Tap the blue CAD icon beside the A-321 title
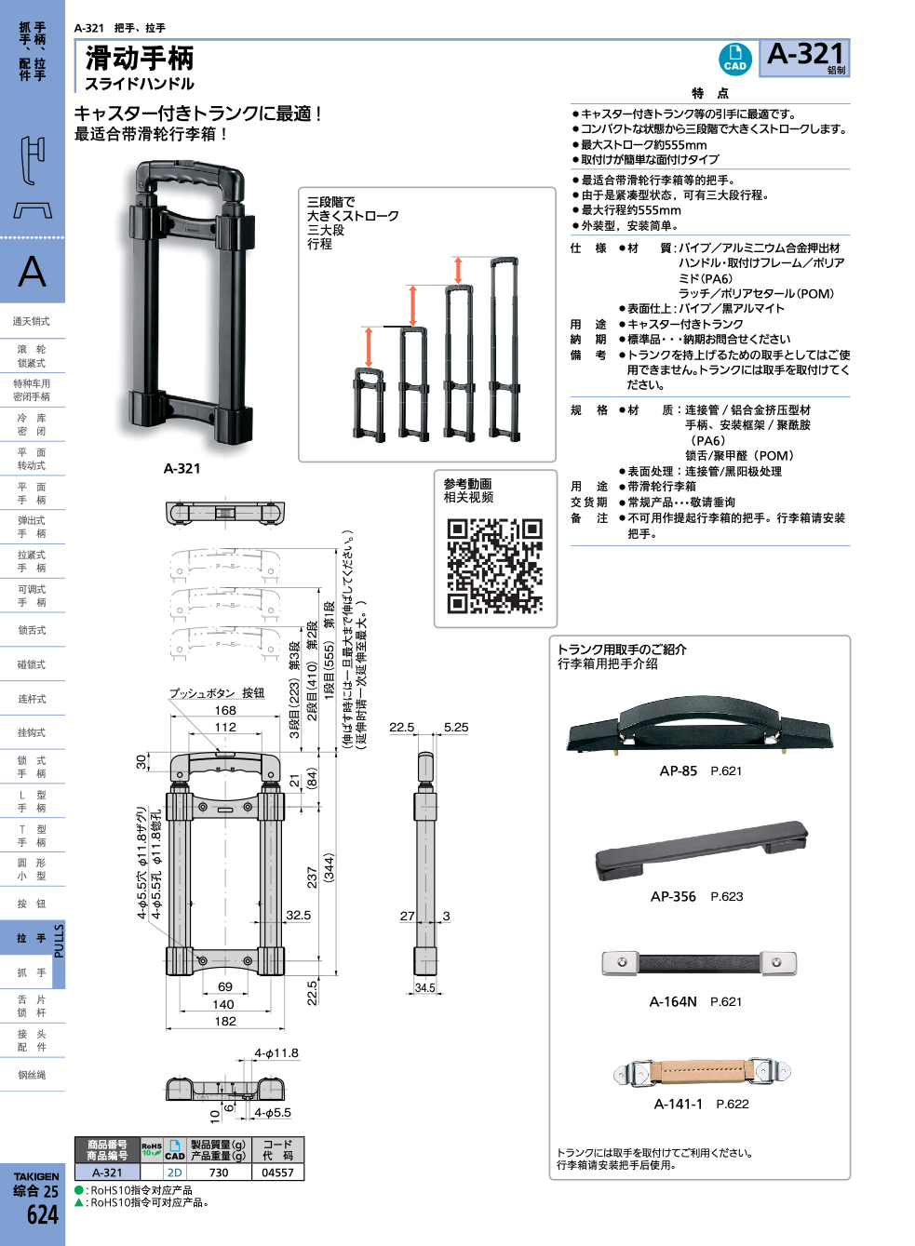(x=735, y=59)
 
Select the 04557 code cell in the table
(x=277, y=1172)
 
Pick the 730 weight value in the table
(x=219, y=1172)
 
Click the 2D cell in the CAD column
(x=174, y=1172)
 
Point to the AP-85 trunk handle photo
(x=699, y=727)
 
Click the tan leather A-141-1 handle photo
(x=702, y=1072)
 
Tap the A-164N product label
(x=673, y=1001)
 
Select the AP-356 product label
(x=673, y=896)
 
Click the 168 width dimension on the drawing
(x=225, y=710)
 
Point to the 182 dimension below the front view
(x=225, y=1021)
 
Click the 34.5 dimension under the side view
(x=424, y=988)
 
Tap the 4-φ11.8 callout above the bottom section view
(x=276, y=1053)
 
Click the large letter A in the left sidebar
(x=32, y=272)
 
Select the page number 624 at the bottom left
(x=42, y=1214)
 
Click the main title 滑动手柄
(x=140, y=59)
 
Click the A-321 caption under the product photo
(x=182, y=468)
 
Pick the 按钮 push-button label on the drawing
(x=253, y=693)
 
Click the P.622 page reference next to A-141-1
(x=732, y=1104)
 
